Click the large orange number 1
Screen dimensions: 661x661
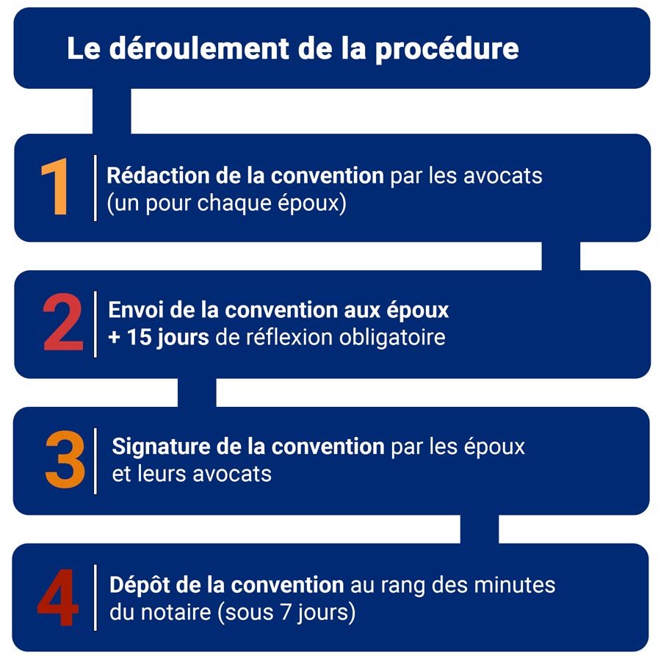click(x=56, y=187)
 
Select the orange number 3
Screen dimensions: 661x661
click(x=65, y=460)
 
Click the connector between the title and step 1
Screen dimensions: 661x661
click(x=112, y=111)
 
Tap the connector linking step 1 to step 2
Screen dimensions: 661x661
click(x=560, y=256)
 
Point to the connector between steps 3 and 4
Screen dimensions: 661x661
click(x=479, y=529)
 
